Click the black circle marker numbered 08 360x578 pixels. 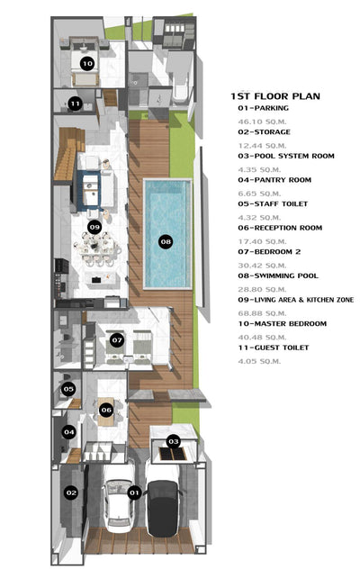click(x=166, y=242)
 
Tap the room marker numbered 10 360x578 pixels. click(x=87, y=64)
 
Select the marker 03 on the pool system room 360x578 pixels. click(x=173, y=441)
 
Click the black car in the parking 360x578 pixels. click(x=162, y=508)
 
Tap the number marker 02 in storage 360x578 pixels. click(x=71, y=492)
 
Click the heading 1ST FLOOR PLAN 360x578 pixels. click(x=275, y=96)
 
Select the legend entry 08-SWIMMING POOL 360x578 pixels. click(x=278, y=275)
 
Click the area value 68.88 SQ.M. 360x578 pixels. click(x=262, y=313)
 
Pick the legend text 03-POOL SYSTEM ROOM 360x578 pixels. click(x=286, y=156)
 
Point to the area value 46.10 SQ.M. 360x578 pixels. click(x=262, y=122)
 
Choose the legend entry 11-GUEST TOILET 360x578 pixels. click(x=273, y=348)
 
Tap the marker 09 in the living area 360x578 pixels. click(x=94, y=227)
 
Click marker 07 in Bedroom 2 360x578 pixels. click(x=117, y=340)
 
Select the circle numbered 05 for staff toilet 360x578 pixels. click(x=68, y=389)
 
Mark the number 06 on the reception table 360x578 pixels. click(x=106, y=410)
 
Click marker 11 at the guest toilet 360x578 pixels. click(x=76, y=104)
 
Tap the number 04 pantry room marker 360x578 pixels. click(x=69, y=432)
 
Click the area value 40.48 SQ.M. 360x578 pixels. click(x=262, y=338)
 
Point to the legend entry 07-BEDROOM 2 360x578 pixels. click(x=269, y=252)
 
